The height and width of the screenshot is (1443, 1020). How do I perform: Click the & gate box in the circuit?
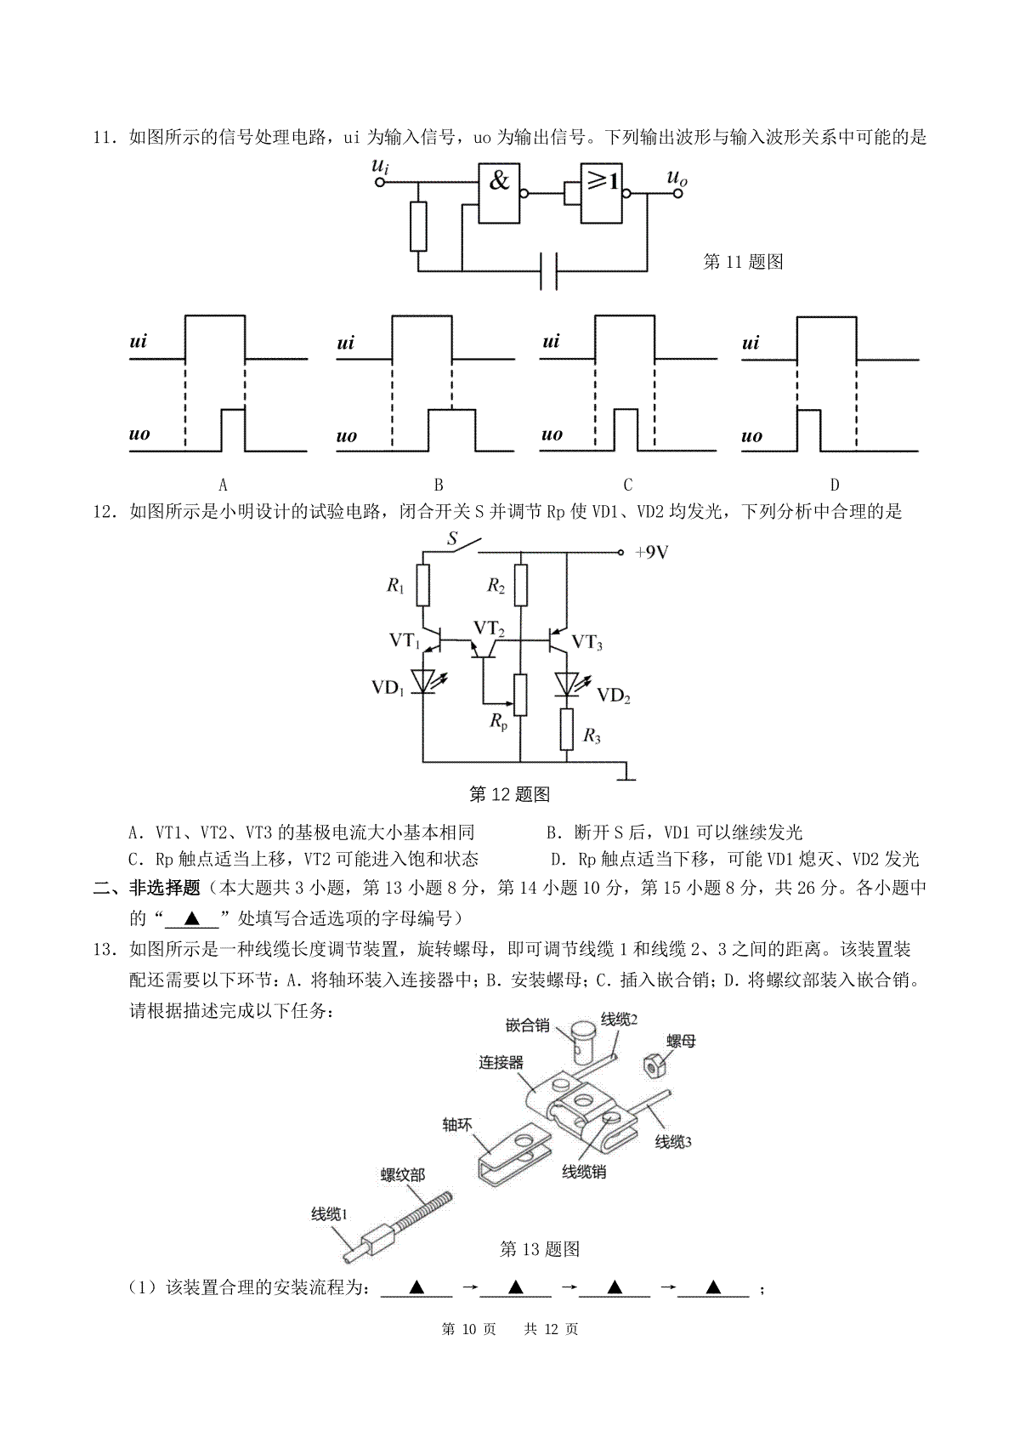click(499, 193)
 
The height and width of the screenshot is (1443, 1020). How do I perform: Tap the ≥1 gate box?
click(602, 193)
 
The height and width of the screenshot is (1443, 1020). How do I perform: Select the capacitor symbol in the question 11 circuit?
click(548, 270)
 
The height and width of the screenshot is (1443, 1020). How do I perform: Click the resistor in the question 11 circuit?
click(418, 226)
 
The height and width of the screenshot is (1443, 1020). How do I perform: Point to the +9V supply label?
click(652, 552)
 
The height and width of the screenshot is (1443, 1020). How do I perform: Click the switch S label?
click(452, 538)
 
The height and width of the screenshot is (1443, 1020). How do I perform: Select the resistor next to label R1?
click(423, 586)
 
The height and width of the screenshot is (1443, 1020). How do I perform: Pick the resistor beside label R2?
click(521, 586)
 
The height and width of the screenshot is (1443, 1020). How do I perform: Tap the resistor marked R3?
click(567, 730)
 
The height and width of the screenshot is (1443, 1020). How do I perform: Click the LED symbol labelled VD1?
click(424, 682)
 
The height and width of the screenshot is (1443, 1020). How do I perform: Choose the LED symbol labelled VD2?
click(568, 685)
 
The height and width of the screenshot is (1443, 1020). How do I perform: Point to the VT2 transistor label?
click(490, 628)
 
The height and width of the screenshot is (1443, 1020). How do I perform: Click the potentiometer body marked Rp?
click(520, 695)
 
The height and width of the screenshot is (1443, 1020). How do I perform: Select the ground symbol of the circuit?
click(626, 774)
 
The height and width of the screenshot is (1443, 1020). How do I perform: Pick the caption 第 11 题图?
click(743, 262)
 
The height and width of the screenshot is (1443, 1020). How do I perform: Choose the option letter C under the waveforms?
click(628, 485)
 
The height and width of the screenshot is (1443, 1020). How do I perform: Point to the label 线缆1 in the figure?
click(330, 1215)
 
